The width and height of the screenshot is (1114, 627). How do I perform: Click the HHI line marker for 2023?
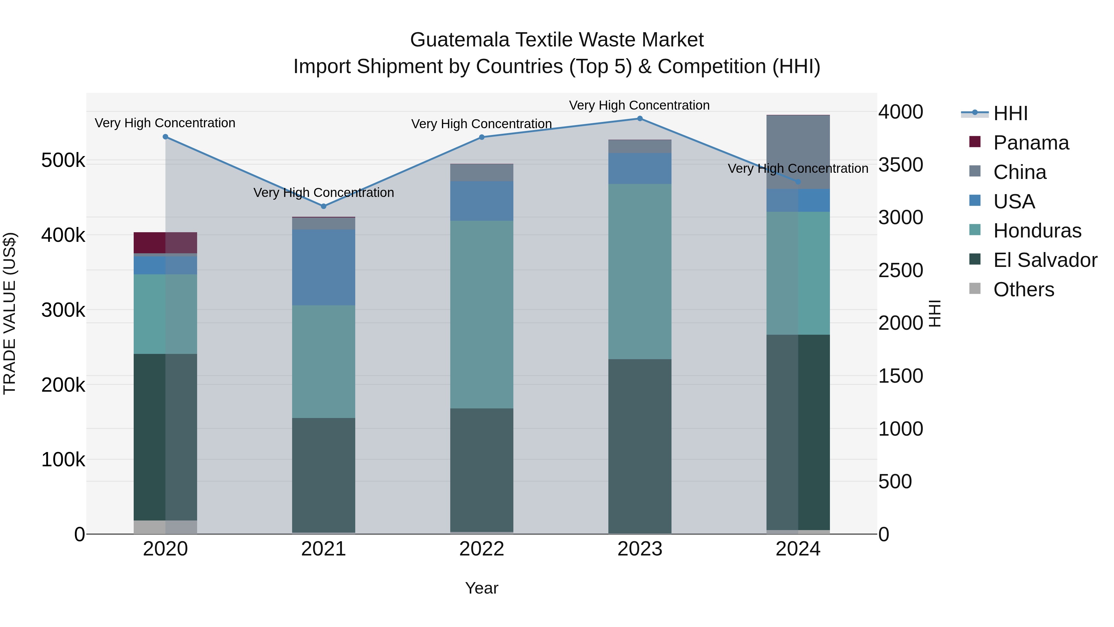640,119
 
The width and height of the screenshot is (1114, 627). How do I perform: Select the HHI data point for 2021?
323,207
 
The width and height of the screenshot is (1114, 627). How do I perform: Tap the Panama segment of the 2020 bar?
165,243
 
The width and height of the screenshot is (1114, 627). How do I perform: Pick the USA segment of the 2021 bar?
323,268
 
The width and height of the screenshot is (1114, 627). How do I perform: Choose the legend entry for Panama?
1031,143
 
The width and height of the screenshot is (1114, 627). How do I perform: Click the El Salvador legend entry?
1045,260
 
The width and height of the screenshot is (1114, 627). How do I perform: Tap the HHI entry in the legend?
1010,113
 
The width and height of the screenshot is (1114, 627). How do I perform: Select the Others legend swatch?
975,289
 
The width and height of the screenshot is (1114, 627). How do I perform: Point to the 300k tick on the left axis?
63,310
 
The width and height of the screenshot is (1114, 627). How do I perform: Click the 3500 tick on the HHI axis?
900,165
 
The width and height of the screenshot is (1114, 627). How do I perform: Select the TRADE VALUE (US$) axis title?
10,313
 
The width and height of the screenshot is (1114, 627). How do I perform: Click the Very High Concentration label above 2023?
639,105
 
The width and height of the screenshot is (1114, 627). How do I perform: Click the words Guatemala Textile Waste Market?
557,40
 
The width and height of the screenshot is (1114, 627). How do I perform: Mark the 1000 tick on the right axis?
900,429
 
